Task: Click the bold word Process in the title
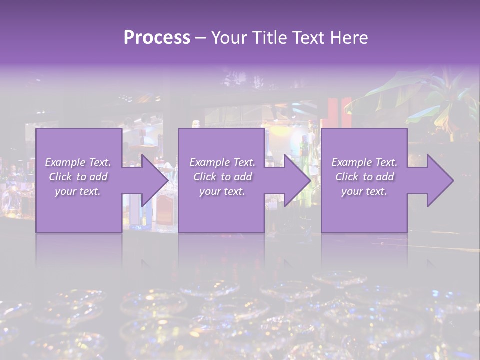pyautogui.click(x=157, y=38)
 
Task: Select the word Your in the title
pyautogui.click(x=228, y=38)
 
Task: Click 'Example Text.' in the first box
pyautogui.click(x=78, y=162)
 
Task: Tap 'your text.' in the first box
pyautogui.click(x=78, y=191)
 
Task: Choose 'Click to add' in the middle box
pyautogui.click(x=222, y=177)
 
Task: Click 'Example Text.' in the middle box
pyautogui.click(x=222, y=162)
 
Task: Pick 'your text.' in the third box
pyautogui.click(x=364, y=191)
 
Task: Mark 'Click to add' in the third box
pyautogui.click(x=364, y=177)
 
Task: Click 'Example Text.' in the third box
pyautogui.click(x=364, y=162)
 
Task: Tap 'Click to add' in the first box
pyautogui.click(x=78, y=177)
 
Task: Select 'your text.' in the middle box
pyautogui.click(x=222, y=191)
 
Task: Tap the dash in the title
pyautogui.click(x=200, y=38)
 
